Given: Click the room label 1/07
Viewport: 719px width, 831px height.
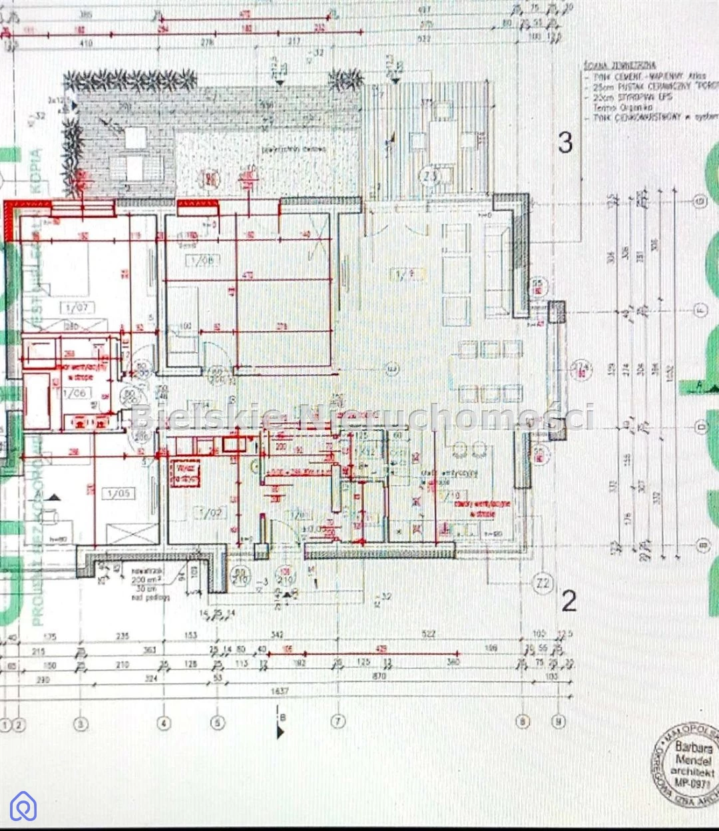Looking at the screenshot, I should [x=77, y=308].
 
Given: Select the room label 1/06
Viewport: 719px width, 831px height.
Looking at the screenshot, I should [x=75, y=393].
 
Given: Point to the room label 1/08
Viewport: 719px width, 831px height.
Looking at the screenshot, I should [x=202, y=260].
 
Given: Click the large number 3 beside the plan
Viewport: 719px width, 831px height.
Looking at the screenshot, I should [x=565, y=142].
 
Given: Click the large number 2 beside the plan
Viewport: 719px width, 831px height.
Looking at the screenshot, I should [x=569, y=601].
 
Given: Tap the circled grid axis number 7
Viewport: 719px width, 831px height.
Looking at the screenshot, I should [x=338, y=722].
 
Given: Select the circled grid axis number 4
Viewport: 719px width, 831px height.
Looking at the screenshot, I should [x=164, y=722].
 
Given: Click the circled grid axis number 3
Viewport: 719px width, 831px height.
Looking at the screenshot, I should [x=81, y=723].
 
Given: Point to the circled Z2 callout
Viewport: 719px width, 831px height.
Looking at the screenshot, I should [x=543, y=584].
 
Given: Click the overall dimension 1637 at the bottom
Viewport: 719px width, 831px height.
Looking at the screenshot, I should [x=280, y=691].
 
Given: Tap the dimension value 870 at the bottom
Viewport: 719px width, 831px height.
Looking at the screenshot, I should [x=379, y=677].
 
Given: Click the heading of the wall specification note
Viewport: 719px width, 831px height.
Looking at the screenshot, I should [x=619, y=65].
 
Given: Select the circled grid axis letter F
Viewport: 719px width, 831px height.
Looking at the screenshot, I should [x=699, y=309].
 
